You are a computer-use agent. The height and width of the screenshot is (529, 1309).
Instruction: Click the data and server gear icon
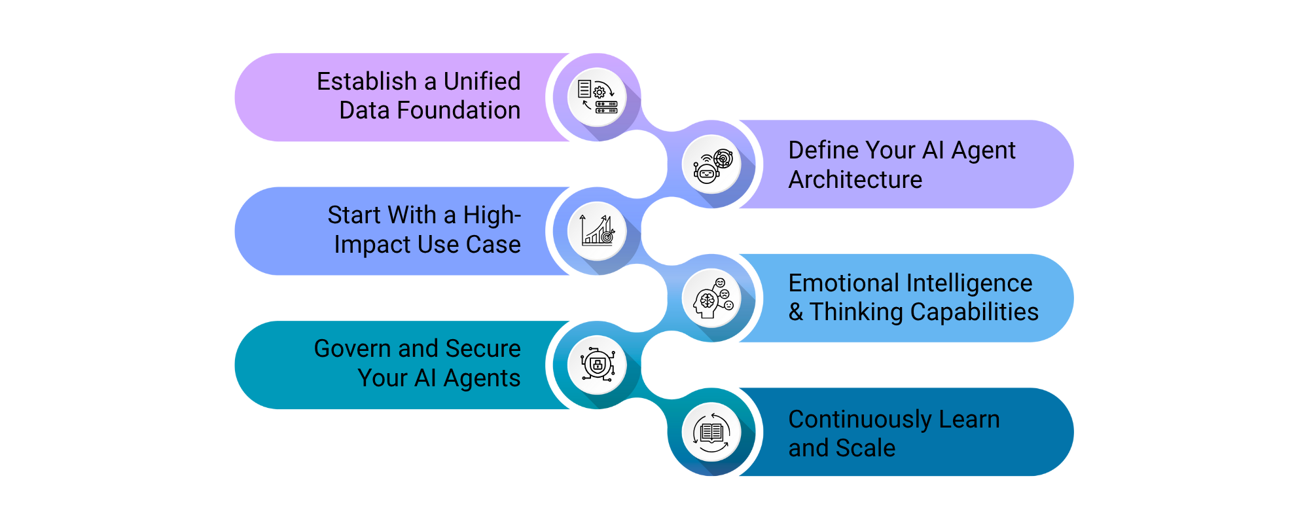(x=597, y=98)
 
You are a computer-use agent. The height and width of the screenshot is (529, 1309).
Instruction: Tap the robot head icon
(x=712, y=165)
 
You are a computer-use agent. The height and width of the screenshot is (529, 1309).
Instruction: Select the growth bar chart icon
(x=597, y=231)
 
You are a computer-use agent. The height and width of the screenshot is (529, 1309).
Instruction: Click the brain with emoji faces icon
(x=712, y=299)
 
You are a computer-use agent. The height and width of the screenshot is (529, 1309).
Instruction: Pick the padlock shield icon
(x=597, y=365)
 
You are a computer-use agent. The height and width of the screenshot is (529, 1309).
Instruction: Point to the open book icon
(x=712, y=432)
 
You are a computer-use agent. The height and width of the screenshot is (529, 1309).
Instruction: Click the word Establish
(x=367, y=82)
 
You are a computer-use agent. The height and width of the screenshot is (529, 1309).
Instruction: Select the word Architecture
(x=855, y=179)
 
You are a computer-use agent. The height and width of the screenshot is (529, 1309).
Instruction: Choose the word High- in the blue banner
(x=492, y=215)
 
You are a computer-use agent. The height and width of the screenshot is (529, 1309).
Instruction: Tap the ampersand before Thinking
(x=796, y=312)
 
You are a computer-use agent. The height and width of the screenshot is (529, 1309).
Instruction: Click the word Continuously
(x=860, y=420)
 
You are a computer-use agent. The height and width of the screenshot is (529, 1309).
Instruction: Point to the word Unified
(x=482, y=82)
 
